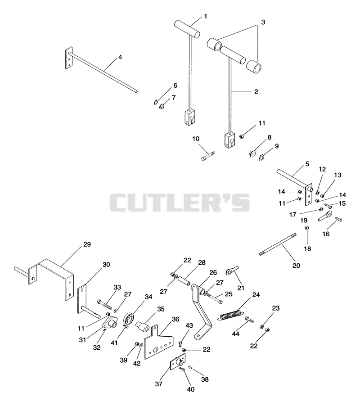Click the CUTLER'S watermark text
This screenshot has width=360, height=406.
pos(180,203)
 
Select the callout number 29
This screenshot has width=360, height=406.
pos(87,244)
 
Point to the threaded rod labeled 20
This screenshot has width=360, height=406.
pos(278,244)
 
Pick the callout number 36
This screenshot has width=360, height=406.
pos(175,319)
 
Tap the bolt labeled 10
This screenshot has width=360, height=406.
pos(208,156)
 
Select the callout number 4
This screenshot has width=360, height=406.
pos(120,57)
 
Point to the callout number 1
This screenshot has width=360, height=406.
pos(206,17)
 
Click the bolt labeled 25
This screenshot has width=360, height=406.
pos(215,298)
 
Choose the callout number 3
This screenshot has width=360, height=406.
pos(263,22)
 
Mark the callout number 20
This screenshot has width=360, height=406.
pos(297,266)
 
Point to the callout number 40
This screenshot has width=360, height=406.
pos(191,389)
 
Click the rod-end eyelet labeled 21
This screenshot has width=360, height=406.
pos(232,271)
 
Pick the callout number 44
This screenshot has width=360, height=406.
pos(235,334)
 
